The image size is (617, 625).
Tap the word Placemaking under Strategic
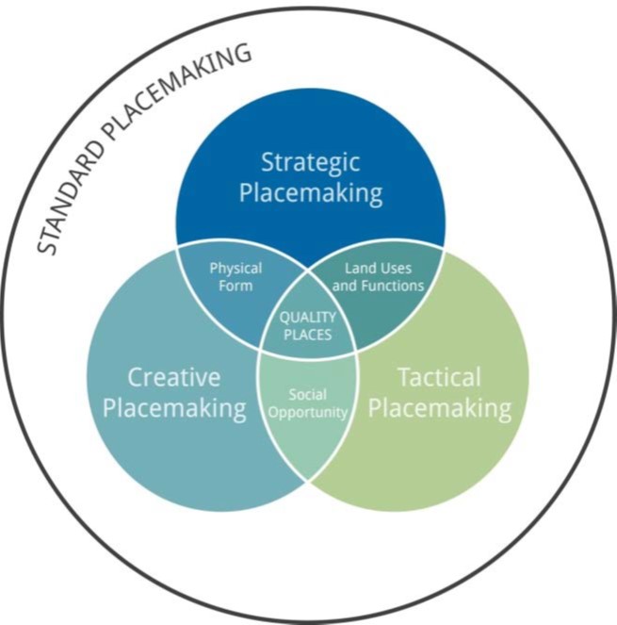pos(310,194)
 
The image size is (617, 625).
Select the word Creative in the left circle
pos(173,377)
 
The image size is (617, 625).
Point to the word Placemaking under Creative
pos(174,409)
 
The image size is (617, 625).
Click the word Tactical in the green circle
pos(439,377)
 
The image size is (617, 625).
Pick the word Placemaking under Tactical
pos(439,409)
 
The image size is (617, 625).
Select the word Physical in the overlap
pos(235,268)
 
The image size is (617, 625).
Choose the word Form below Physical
pos(235,285)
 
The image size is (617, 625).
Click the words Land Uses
pos(378,268)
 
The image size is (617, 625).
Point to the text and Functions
pos(378,285)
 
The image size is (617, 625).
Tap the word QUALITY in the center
pos(307,317)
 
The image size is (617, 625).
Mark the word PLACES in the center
pos(307,334)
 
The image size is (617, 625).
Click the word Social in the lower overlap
pos(307,394)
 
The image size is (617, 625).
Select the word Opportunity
pos(307,412)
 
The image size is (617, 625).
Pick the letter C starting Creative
pos(135,377)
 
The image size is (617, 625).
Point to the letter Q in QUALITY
pos(284,317)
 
